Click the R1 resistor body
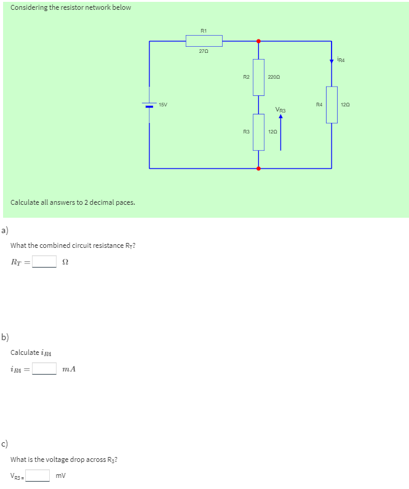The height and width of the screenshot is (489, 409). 204,41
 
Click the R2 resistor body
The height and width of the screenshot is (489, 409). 258,77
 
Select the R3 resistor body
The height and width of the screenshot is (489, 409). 258,132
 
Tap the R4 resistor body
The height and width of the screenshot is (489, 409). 332,105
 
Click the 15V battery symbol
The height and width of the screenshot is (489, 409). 149,105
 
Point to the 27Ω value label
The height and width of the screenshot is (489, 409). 204,51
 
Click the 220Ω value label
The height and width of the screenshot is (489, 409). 274,77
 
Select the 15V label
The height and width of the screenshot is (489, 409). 162,105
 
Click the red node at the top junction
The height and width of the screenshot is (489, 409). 258,41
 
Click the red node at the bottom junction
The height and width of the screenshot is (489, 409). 258,168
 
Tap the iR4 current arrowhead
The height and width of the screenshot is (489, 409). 332,60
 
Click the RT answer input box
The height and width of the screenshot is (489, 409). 44,263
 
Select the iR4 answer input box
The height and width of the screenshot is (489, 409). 44,369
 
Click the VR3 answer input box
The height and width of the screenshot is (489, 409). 37,475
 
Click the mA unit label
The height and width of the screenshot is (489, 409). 69,370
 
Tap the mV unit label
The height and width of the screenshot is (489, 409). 60,475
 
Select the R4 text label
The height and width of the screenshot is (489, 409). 319,105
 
